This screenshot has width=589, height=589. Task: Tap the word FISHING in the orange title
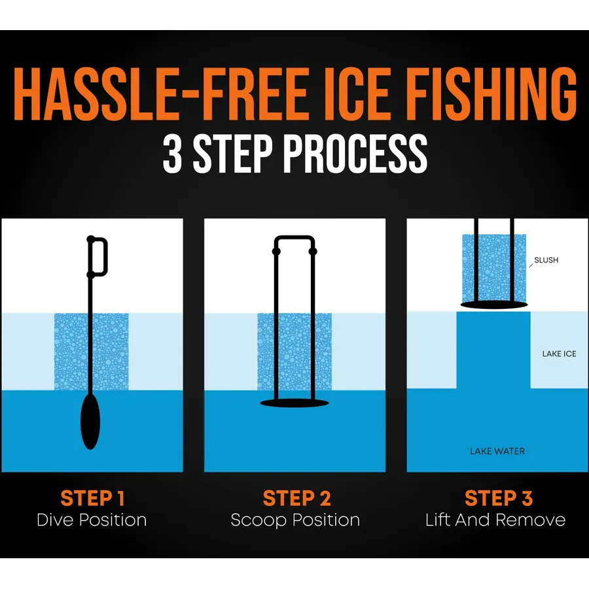click(x=490, y=95)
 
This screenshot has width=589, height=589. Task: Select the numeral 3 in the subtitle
click(x=173, y=154)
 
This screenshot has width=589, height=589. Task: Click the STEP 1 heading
click(x=92, y=499)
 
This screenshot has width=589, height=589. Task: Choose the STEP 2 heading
click(x=296, y=499)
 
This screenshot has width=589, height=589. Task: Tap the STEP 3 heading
click(x=499, y=499)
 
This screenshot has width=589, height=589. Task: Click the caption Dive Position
click(x=92, y=520)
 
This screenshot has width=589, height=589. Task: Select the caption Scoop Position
click(x=295, y=520)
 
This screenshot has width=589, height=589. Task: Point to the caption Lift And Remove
click(x=495, y=520)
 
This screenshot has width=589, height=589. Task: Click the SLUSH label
click(x=546, y=260)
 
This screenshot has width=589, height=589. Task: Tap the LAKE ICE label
click(x=559, y=354)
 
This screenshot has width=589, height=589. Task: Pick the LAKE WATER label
click(x=497, y=451)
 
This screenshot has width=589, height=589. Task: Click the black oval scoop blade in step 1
click(x=90, y=421)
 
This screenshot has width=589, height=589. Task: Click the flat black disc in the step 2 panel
click(x=294, y=403)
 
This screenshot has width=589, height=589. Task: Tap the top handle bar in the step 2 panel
click(x=294, y=238)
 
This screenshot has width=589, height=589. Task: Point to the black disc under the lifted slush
click(x=494, y=305)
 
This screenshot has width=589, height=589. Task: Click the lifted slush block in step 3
click(x=494, y=268)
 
